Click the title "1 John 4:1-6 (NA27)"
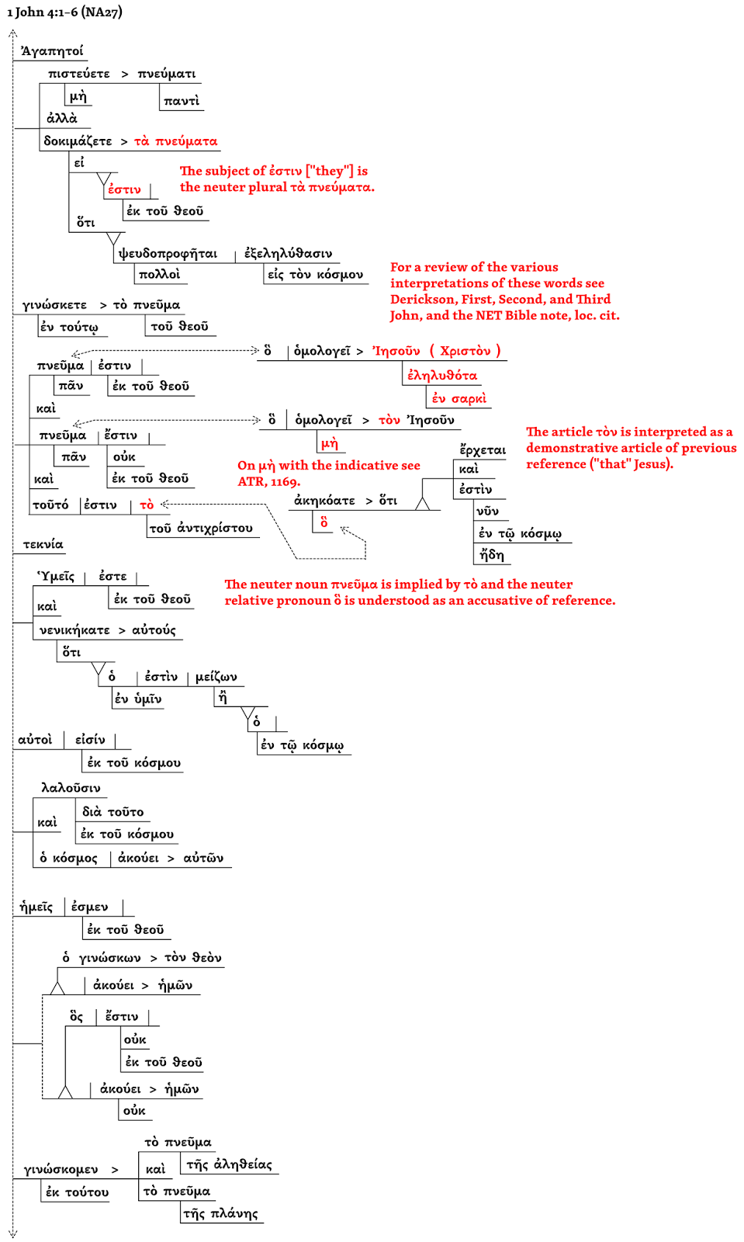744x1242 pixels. (x=64, y=12)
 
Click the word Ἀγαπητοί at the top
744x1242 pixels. (x=52, y=51)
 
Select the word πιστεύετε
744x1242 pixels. (x=79, y=74)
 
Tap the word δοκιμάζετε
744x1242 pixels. (x=78, y=141)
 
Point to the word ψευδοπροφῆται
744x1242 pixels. (x=168, y=254)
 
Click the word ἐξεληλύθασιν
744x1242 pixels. (x=288, y=254)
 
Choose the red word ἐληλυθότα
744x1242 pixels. (x=442, y=376)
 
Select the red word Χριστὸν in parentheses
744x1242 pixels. (x=465, y=351)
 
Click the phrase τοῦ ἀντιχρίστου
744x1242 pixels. (x=201, y=529)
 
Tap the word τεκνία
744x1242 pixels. (x=43, y=545)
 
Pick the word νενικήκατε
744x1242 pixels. (x=74, y=630)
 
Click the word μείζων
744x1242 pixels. (x=216, y=677)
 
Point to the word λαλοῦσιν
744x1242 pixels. (x=71, y=788)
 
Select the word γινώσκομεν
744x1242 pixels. (x=61, y=1170)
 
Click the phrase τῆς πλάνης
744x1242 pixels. (x=220, y=1214)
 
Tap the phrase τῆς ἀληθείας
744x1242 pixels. (x=229, y=1164)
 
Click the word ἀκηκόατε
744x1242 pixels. (x=324, y=501)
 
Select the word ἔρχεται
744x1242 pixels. (x=483, y=450)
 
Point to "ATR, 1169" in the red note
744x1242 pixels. (x=268, y=482)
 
